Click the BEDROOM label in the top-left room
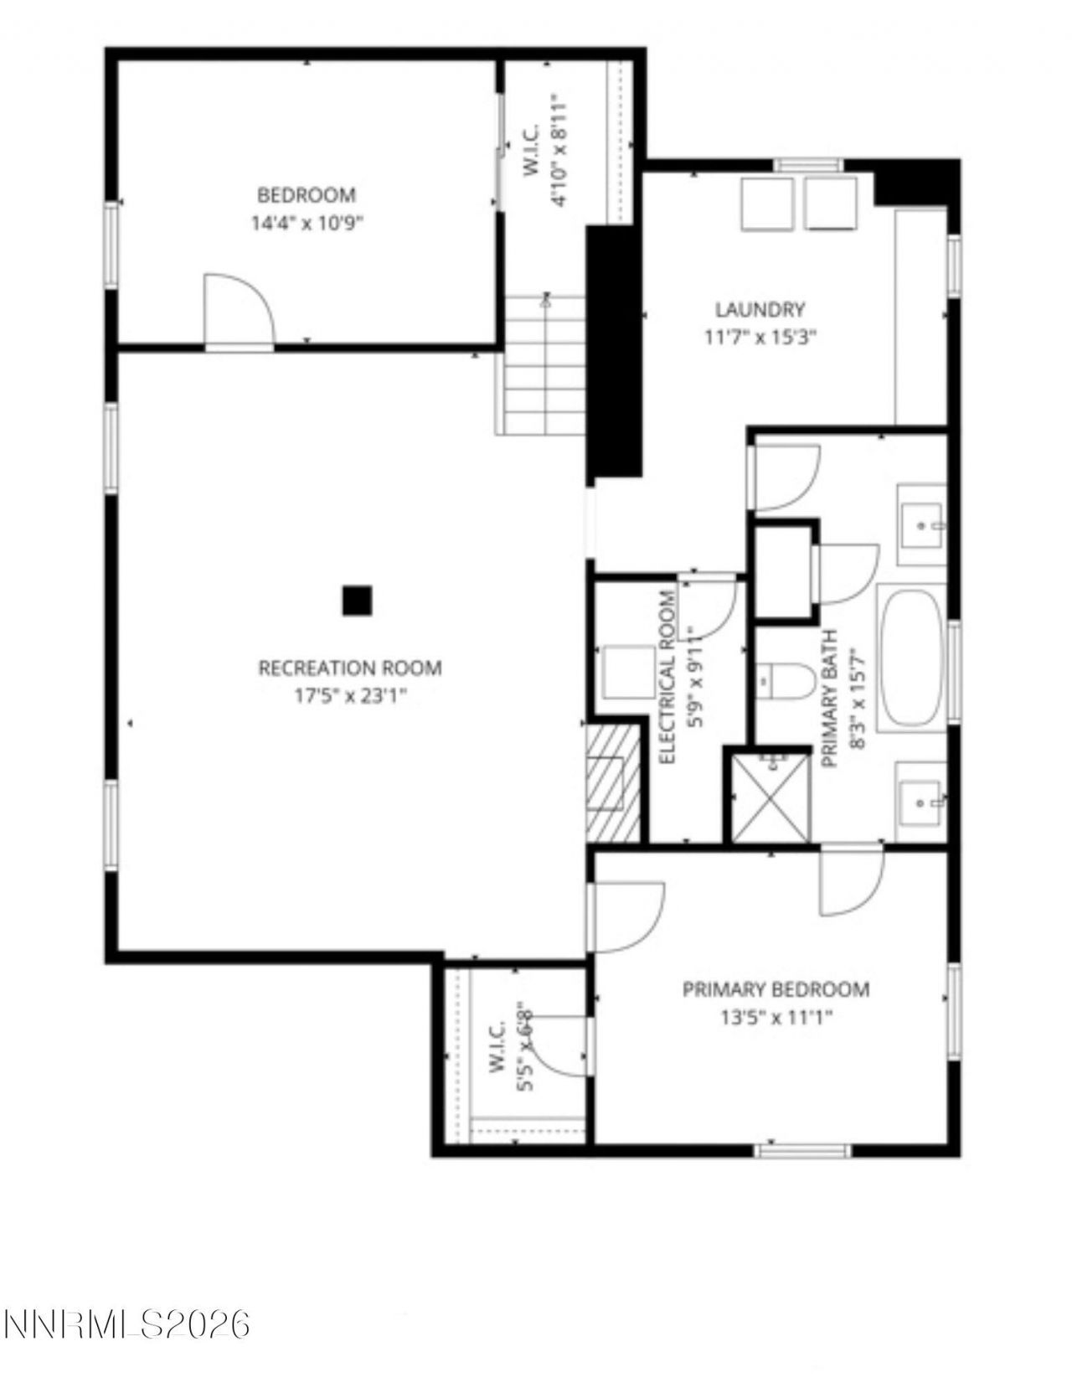pos(306,195)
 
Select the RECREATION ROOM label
pos(350,668)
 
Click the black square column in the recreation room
pos(357,601)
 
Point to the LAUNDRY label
pos(760,310)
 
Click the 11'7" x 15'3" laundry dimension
pos(760,338)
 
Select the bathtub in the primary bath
pos(911,658)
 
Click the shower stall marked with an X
pos(771,798)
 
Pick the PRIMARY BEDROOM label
pos(776,989)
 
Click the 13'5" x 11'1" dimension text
pos(776,1018)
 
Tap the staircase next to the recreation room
pos(544,365)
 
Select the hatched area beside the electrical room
pos(611,784)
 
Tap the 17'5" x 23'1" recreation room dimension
pos(350,696)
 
